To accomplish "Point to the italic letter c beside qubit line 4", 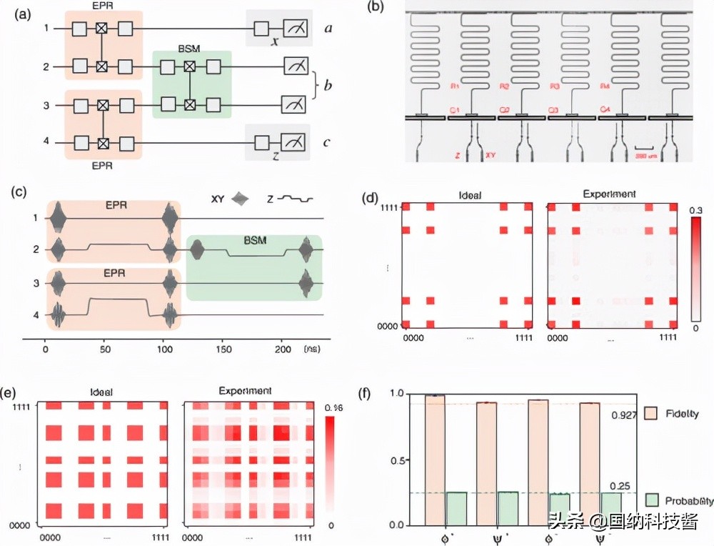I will point(326,142).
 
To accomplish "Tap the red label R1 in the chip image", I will point(456,86).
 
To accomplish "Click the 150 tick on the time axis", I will point(223,350).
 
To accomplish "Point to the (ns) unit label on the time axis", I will point(311,350).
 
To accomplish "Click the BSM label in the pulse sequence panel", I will point(253,241).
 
